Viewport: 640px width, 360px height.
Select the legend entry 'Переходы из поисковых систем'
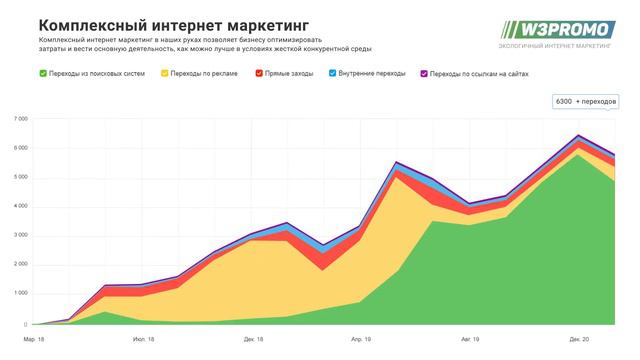97,73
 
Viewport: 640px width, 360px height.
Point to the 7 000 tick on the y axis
21,119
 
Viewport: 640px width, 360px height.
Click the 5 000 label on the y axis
21,177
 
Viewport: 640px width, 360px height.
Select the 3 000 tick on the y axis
21,236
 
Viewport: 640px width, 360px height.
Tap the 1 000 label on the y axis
21,294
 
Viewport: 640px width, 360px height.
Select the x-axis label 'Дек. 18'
253,339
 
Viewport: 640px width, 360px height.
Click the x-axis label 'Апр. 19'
360,339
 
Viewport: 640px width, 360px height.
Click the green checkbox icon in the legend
42,73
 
